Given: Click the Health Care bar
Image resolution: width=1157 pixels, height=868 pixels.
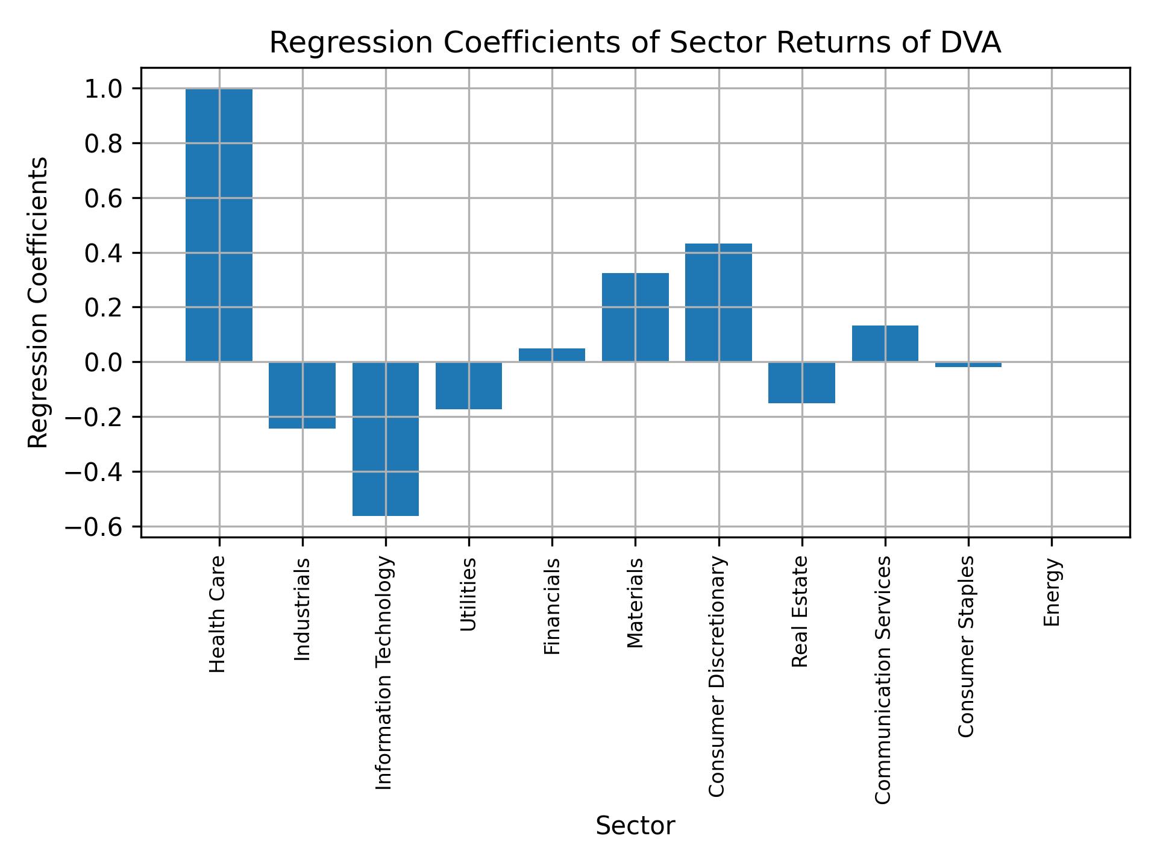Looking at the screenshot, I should (219, 225).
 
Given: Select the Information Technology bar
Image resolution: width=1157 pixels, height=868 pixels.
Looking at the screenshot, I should (386, 439).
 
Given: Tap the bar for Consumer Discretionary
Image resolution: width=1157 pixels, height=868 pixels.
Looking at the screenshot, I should (718, 303).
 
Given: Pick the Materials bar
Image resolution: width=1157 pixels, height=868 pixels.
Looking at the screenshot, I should (635, 317).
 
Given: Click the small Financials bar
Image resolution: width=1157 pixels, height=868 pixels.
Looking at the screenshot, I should (552, 355).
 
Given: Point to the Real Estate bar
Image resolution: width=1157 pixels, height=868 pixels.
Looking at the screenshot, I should (801, 382).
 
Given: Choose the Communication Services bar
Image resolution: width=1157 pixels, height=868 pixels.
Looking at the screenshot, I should (885, 344).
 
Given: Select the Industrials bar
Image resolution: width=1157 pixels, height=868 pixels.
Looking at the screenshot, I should (302, 395).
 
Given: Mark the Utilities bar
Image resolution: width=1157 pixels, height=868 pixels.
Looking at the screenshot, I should (469, 385).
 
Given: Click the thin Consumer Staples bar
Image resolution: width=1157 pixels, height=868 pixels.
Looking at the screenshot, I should (968, 365).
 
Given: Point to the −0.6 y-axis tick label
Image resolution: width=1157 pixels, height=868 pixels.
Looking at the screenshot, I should (94, 527).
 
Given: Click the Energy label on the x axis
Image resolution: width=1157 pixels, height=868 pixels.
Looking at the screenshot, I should (1052, 592).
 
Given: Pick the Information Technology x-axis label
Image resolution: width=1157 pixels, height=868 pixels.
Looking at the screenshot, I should (384, 673).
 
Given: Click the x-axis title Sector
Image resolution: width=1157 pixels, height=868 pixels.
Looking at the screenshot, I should (635, 826).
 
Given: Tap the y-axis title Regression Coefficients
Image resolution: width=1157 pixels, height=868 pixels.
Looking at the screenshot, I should (39, 303).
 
